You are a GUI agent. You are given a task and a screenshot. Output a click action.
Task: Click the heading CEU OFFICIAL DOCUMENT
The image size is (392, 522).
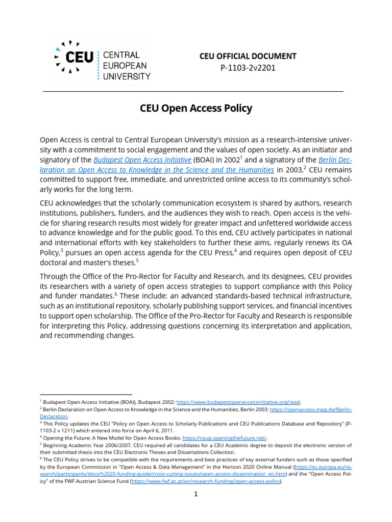(248, 56)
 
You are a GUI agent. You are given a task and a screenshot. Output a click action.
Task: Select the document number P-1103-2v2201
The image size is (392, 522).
(248, 68)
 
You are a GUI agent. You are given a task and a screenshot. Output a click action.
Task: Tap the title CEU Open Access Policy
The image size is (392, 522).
(196, 109)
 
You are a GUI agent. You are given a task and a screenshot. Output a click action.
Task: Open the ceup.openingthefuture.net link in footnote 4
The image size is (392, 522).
(224, 437)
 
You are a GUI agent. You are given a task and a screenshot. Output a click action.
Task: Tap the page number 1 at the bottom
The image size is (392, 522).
(195, 494)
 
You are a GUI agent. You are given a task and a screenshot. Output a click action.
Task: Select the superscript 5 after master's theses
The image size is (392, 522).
(137, 260)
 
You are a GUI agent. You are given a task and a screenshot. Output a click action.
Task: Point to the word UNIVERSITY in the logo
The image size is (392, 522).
(127, 76)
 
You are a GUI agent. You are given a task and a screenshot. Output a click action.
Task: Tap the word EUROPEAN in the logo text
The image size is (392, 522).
(125, 66)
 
